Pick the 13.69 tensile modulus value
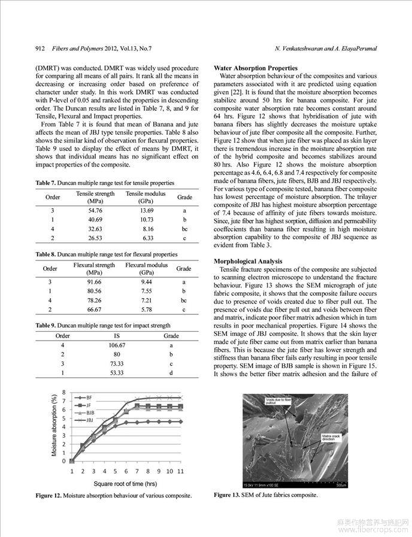click(x=147, y=210)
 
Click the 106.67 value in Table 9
click(x=116, y=345)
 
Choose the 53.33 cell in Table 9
click(x=116, y=373)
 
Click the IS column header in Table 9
click(x=116, y=336)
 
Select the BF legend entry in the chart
click(x=89, y=398)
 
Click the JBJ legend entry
click(x=90, y=420)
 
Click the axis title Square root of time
click(x=125, y=484)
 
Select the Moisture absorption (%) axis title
click(x=54, y=426)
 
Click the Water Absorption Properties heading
click(x=255, y=68)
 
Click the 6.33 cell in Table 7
click(x=147, y=239)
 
